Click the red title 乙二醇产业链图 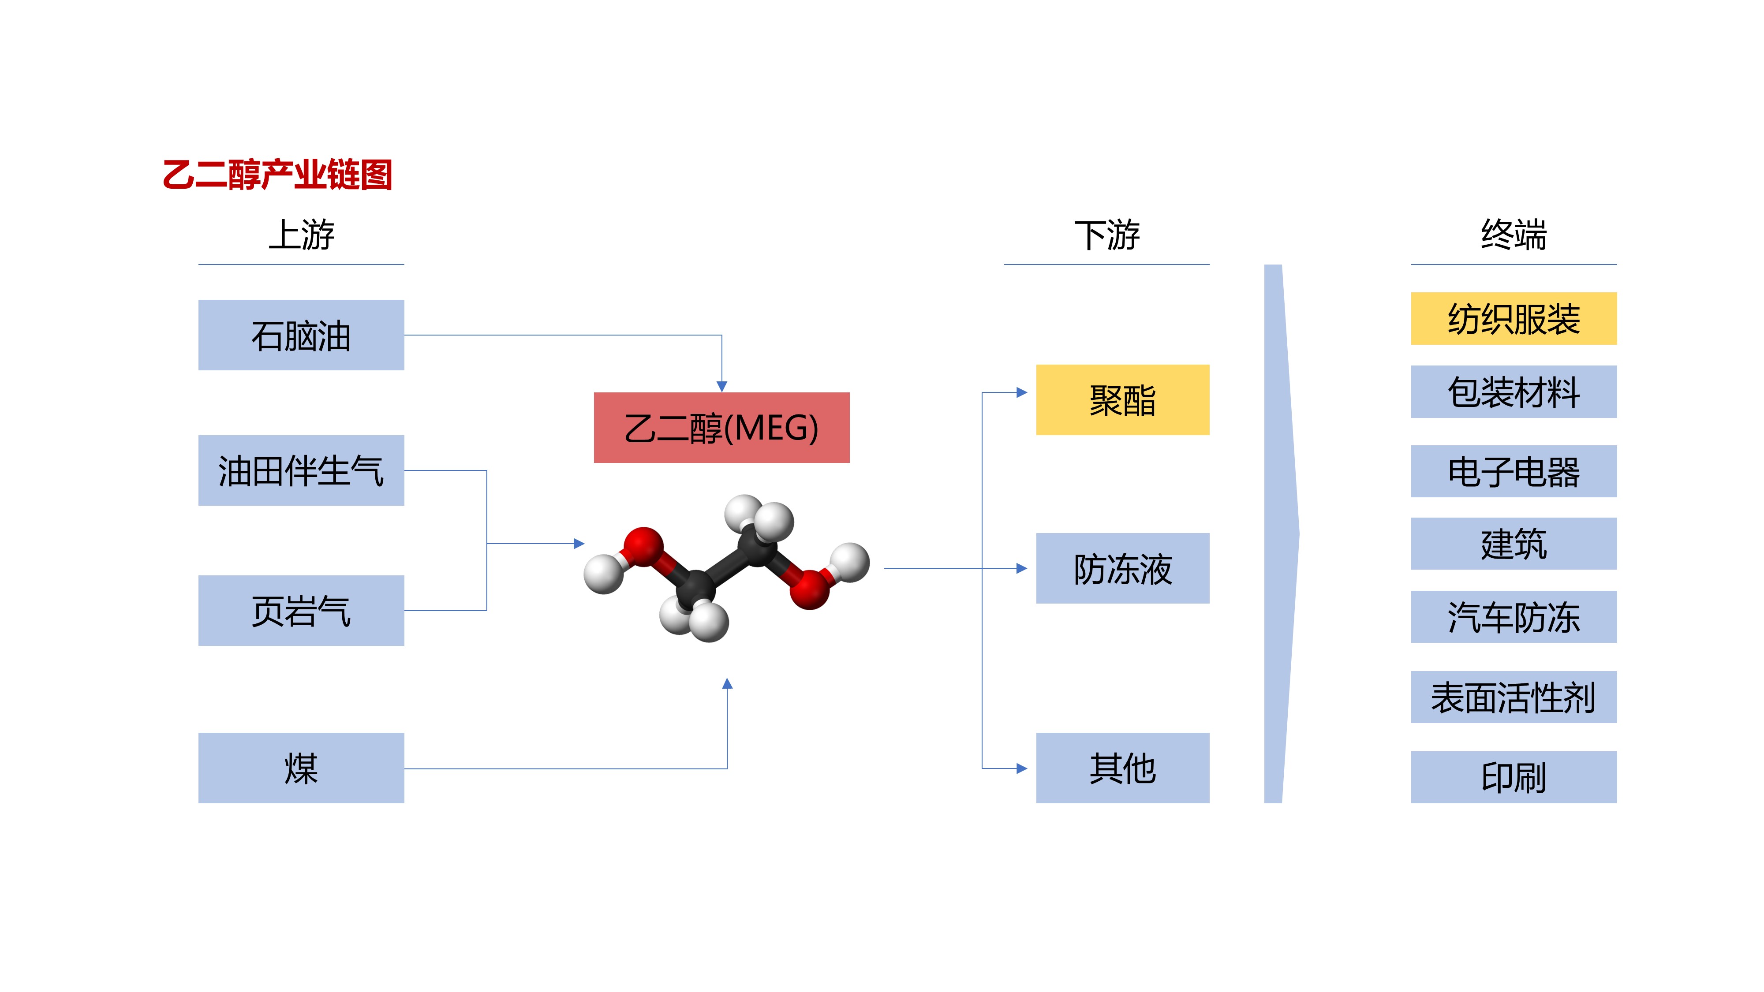point(277,175)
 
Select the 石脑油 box point(301,335)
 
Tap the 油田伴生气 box point(301,470)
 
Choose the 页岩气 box point(301,610)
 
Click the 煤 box point(301,768)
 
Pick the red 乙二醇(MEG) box point(721,428)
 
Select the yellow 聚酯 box point(1122,400)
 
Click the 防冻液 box point(1122,568)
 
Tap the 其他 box point(1122,768)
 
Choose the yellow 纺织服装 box point(1514,318)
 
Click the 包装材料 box point(1514,392)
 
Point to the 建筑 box point(1514,544)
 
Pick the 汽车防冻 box point(1514,616)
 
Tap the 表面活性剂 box point(1514,697)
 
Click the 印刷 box point(1514,777)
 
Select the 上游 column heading point(301,235)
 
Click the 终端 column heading point(1514,235)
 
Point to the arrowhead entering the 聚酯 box point(1022,392)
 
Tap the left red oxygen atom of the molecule point(643,546)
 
